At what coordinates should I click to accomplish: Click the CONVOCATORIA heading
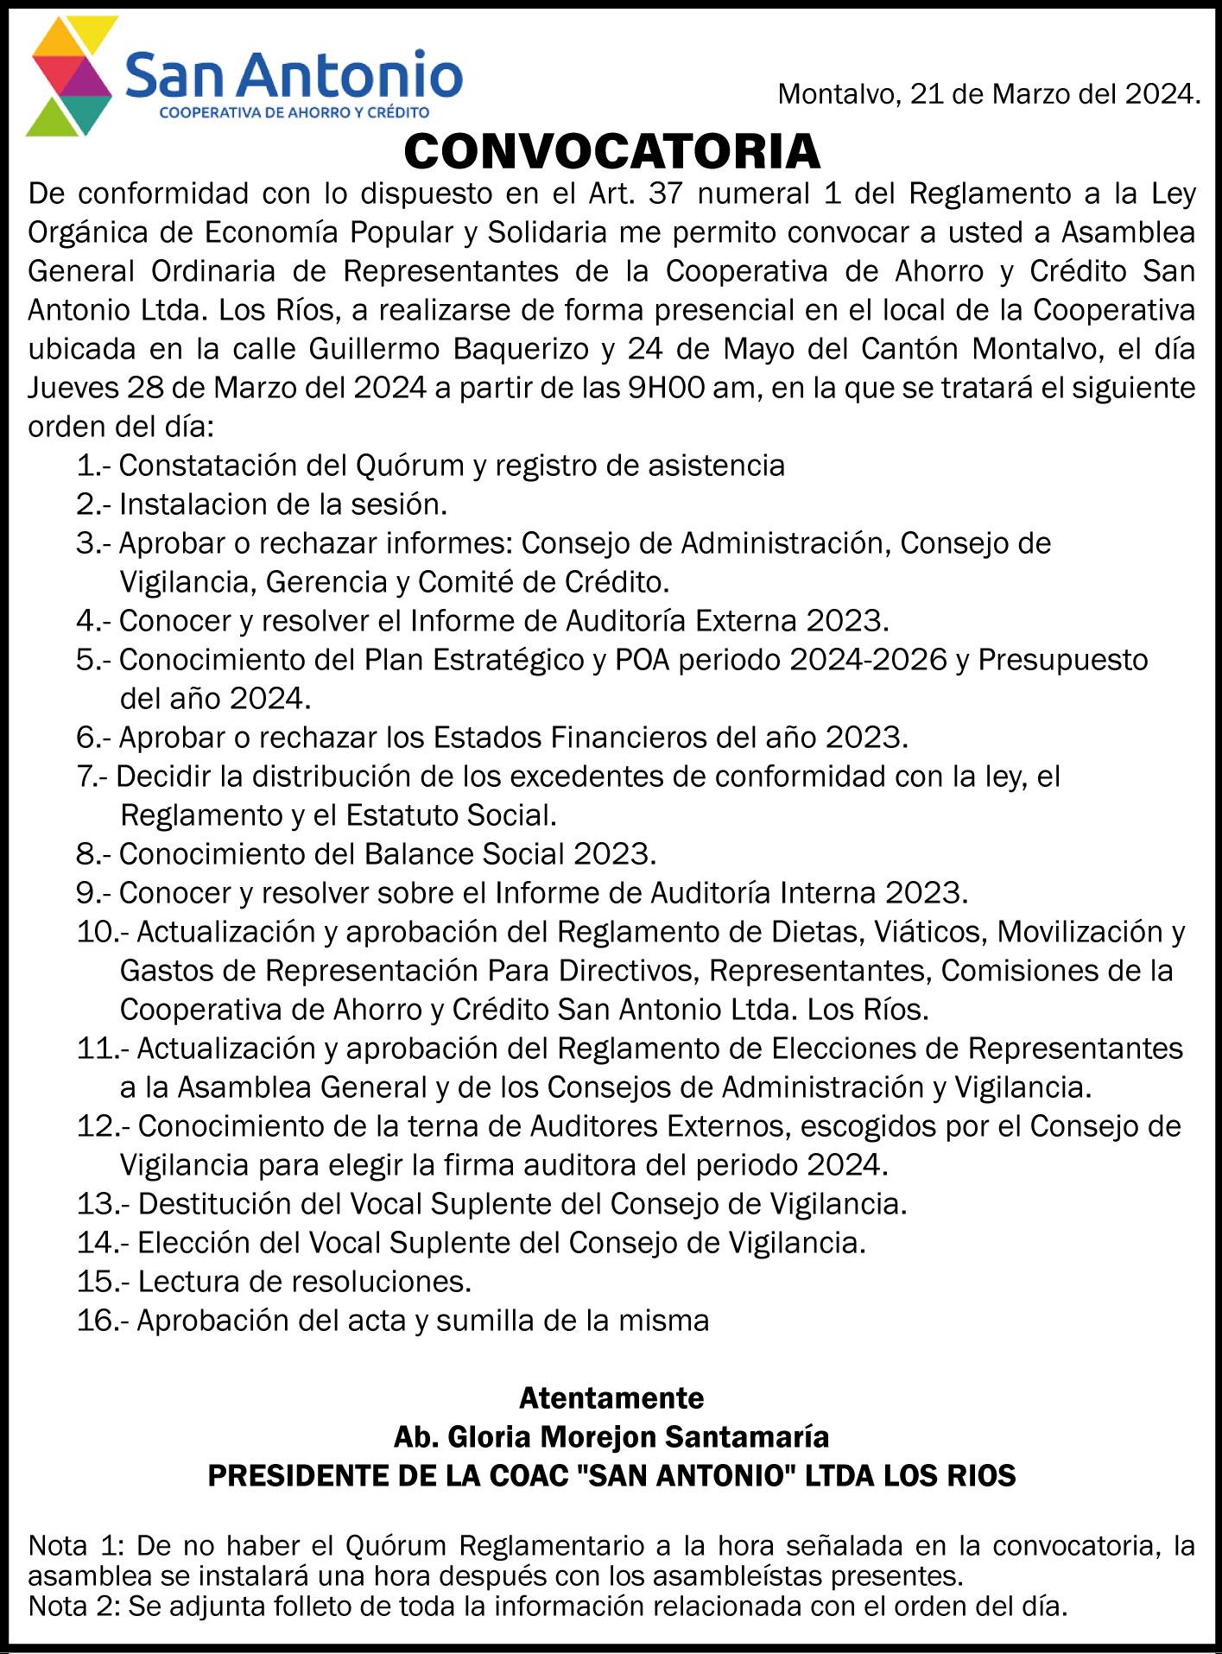611,152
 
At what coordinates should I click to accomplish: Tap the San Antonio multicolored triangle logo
71,78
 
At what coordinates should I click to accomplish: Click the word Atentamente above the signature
611,1397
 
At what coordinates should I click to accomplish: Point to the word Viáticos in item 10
931,932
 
